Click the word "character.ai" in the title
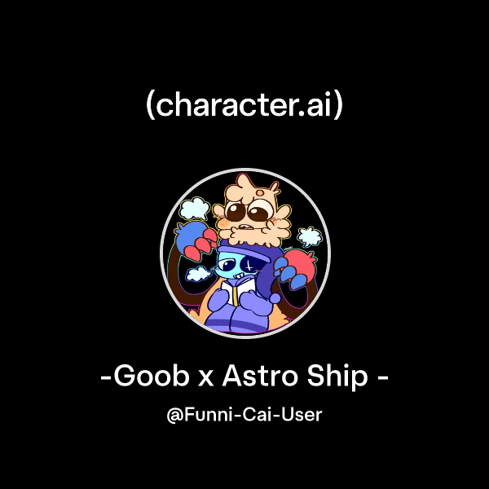[244, 106]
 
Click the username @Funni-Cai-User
[244, 415]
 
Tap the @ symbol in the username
[174, 416]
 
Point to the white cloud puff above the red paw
[309, 237]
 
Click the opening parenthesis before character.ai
[150, 106]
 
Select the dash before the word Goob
[105, 380]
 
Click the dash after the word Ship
[381, 380]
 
